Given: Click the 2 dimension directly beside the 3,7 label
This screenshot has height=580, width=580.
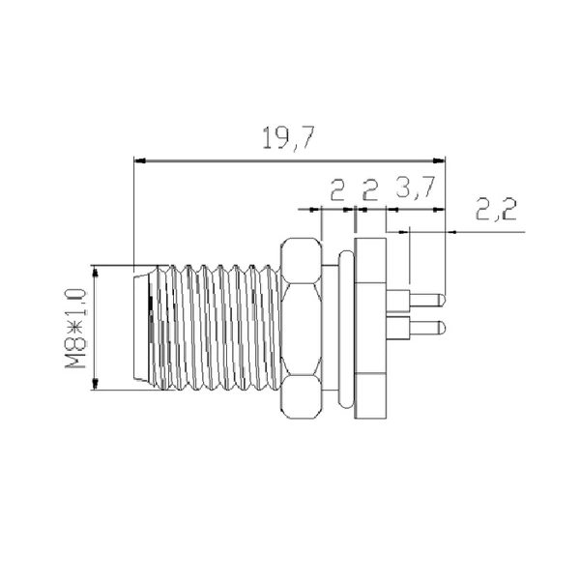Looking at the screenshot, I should point(368,190).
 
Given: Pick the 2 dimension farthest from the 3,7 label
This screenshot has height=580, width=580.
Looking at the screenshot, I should point(336,190).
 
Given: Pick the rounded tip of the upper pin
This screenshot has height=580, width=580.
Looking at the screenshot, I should point(442,296).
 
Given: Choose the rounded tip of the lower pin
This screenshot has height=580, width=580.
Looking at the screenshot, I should point(442,327).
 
